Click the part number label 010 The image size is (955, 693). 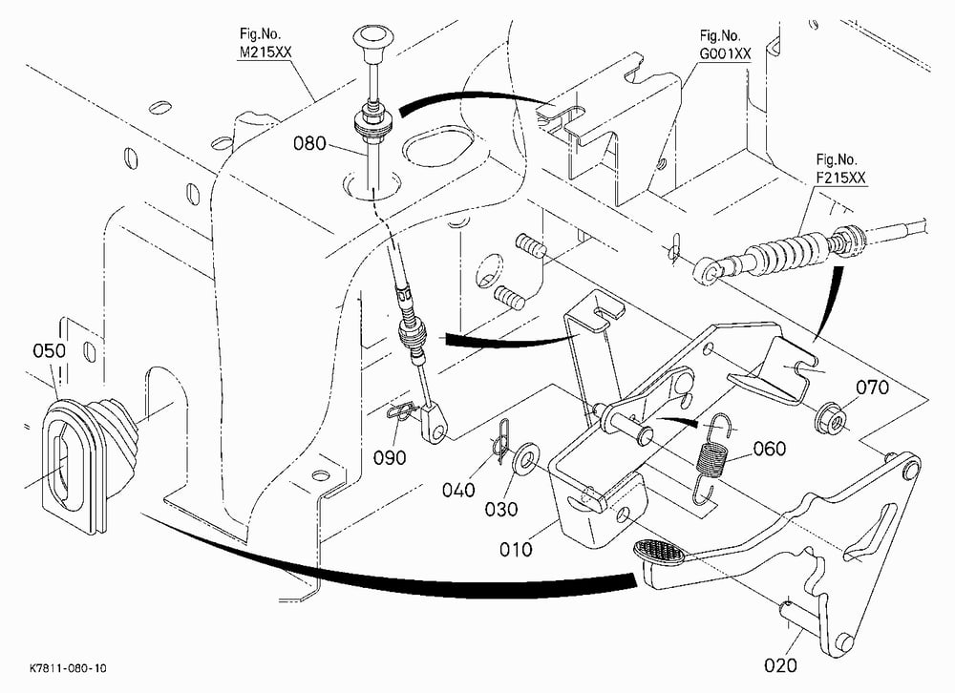pos(516,549)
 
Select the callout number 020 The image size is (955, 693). pos(780,665)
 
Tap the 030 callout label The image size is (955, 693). pos(501,509)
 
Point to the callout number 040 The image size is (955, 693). pos(458,490)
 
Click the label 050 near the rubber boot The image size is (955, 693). pos(50,350)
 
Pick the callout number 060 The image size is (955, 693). pos(770,449)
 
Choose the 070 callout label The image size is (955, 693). pos(872,388)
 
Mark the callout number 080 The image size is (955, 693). pos(310,144)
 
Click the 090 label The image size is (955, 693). pos(390,458)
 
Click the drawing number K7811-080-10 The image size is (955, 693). pos(68,668)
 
